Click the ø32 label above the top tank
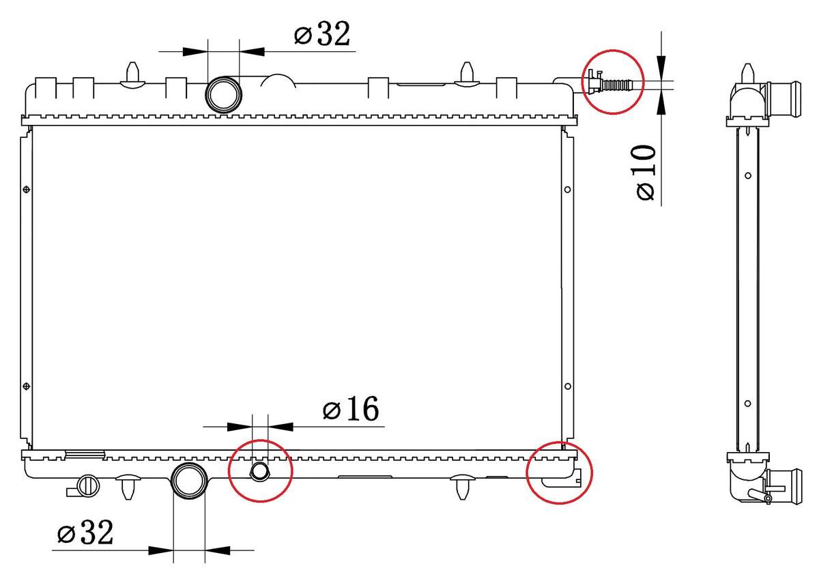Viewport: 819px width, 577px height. click(x=322, y=34)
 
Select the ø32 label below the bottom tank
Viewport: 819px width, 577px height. click(x=85, y=533)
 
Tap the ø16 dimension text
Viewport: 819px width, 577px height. click(x=351, y=409)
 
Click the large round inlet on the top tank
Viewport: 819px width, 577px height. click(x=223, y=95)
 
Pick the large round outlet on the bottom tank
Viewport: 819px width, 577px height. click(x=190, y=481)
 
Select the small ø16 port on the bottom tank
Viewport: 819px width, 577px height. click(x=259, y=471)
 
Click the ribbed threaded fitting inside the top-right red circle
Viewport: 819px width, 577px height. click(x=616, y=85)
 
